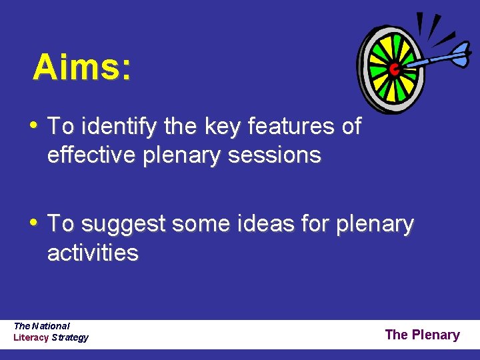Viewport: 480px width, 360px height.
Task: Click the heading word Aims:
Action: pos(81,67)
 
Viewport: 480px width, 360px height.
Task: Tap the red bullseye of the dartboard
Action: pos(394,68)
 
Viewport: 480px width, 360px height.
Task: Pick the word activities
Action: pos(93,253)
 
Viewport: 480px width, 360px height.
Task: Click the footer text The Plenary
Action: pos(422,335)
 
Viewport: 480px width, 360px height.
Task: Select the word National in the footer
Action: pos(51,326)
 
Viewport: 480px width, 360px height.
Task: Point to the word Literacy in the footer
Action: pos(31,337)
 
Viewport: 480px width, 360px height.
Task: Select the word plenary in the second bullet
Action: pos(375,224)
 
